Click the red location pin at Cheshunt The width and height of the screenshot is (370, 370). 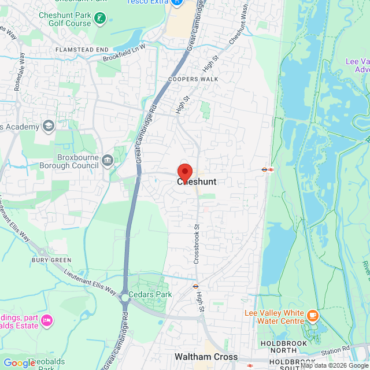184,172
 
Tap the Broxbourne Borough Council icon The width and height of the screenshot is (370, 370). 107,160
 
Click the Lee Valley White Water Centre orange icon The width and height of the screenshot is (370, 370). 313,315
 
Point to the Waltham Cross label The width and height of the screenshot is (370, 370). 206,357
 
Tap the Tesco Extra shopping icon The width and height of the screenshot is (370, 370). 177,3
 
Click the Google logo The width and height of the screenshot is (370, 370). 19,362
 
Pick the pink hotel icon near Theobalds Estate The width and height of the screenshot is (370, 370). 47,319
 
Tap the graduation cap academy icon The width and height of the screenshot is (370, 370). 49,127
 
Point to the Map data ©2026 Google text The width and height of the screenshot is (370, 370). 334,365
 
